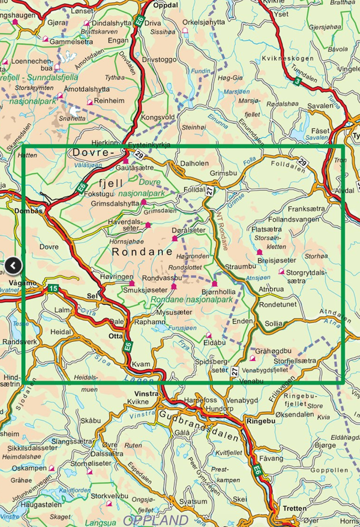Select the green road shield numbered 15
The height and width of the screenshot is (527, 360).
52,288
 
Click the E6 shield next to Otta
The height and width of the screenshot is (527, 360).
128,346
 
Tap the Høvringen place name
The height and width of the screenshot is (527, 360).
115,278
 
